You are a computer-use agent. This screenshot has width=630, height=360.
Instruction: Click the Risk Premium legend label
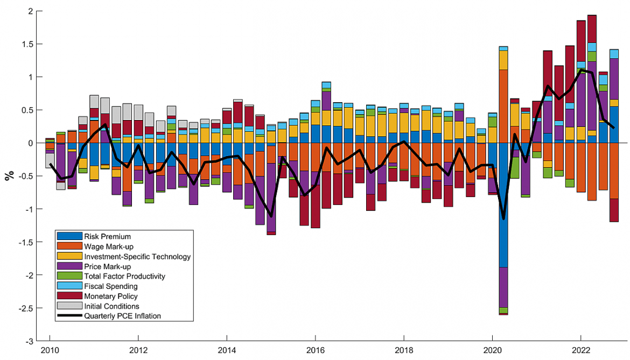click(107, 236)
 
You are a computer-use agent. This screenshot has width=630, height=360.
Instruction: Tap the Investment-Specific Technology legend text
click(137, 257)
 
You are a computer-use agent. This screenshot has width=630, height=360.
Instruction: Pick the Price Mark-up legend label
click(107, 266)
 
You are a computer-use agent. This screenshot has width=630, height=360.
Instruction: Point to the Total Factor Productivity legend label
click(124, 277)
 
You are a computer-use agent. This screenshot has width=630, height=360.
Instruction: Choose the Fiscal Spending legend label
click(110, 286)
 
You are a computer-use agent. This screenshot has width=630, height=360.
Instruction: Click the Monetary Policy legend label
click(110, 296)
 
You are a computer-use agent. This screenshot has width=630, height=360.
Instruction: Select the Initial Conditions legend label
click(111, 306)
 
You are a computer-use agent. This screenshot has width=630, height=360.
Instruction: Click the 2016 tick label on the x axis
click(315, 350)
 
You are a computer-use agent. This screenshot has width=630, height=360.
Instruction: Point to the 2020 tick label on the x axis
click(492, 350)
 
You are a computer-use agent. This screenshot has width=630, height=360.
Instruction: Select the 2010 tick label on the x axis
click(50, 350)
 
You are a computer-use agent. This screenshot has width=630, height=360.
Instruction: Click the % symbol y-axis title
click(9, 176)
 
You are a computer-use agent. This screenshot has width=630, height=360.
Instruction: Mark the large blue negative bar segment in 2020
click(503, 204)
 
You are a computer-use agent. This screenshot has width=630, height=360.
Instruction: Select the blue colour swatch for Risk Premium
click(69, 236)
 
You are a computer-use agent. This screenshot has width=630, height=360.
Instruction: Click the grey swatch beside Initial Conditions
click(69, 306)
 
